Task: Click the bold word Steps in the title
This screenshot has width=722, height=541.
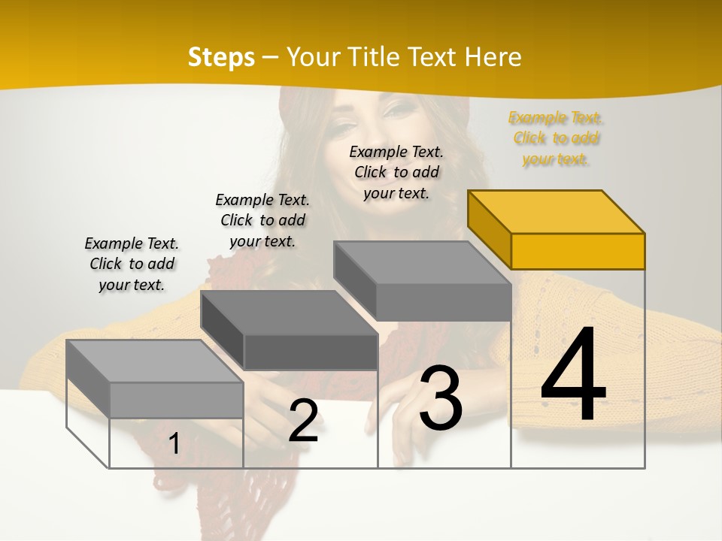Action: [221, 57]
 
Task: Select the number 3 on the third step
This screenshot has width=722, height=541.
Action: [441, 398]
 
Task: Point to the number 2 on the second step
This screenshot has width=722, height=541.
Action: [303, 422]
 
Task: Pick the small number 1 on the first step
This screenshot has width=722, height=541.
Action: [174, 444]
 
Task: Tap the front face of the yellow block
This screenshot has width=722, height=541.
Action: [578, 251]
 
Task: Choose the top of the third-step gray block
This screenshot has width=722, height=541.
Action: [421, 263]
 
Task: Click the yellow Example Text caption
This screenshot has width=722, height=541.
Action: [556, 138]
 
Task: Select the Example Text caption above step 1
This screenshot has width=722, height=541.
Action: [132, 264]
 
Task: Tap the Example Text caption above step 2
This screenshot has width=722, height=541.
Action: [262, 220]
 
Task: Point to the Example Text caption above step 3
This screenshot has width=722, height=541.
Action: [396, 172]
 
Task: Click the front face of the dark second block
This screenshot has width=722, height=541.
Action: [311, 352]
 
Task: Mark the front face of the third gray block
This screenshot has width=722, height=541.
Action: [444, 303]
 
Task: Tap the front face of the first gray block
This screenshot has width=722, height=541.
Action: [176, 400]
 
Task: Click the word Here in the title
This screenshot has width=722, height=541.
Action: [493, 57]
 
